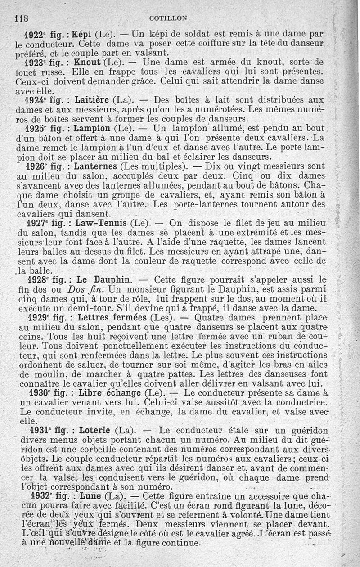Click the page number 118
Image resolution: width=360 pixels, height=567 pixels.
(x=22, y=19)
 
